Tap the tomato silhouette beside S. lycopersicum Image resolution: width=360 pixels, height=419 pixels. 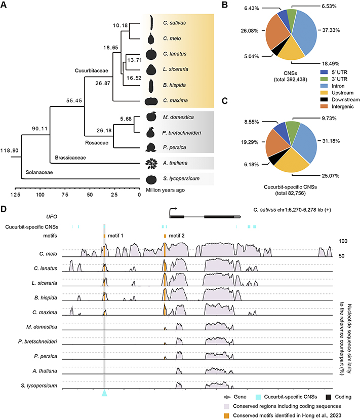pos(151,178)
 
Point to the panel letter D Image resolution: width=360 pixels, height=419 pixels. pos(5,209)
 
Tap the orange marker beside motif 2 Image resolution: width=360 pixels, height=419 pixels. pos(165,236)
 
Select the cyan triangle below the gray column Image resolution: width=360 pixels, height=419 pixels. pos(104,394)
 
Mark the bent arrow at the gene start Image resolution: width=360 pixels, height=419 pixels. pos(172,210)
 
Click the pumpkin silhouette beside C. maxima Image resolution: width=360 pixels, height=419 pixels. pos(151,100)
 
